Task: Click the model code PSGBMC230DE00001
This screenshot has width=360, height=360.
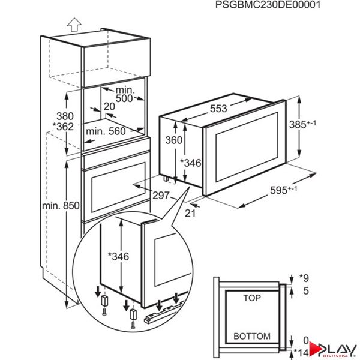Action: pos(267,5)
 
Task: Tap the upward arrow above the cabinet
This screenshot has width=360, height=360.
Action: pos(74,24)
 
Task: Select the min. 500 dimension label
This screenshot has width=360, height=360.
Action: pos(125,92)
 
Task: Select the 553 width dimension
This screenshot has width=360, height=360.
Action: pos(217,109)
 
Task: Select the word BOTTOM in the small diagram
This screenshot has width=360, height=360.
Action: pos(251,336)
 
